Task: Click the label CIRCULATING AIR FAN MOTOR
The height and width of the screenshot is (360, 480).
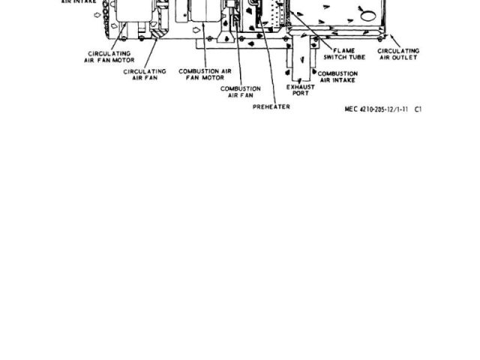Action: point(109,57)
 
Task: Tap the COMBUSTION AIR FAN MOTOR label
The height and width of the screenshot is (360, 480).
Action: point(205,73)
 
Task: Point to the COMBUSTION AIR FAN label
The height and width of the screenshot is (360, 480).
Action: point(240,91)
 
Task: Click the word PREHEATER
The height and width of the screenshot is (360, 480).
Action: point(271,106)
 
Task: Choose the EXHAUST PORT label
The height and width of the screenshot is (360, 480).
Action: point(300,90)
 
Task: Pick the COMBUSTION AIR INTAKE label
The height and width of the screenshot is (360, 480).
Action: point(337,76)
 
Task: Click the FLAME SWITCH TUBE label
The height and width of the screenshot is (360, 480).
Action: point(344,54)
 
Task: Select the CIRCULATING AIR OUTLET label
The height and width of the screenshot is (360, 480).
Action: point(398,54)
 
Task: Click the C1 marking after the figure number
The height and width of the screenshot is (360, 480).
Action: point(418,109)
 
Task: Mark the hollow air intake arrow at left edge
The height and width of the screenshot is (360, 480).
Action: point(94,13)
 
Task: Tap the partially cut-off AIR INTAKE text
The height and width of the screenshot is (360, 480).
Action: point(78,1)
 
